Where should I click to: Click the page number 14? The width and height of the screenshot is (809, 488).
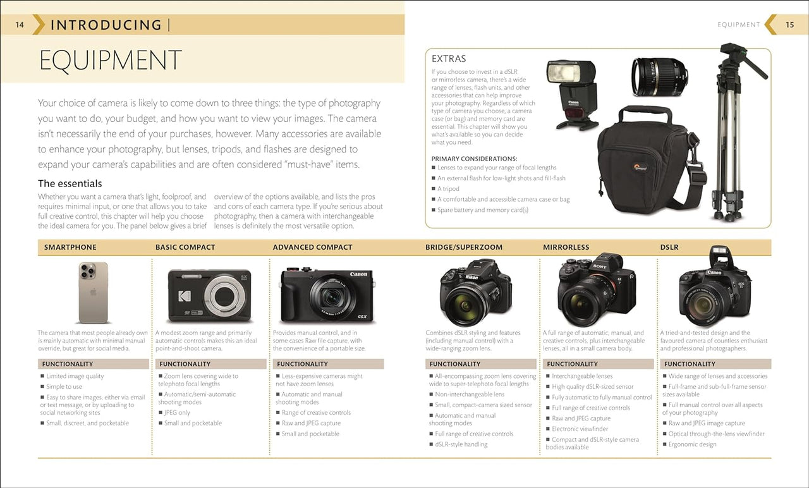coord(20,25)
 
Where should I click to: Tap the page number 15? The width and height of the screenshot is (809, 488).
coord(789,25)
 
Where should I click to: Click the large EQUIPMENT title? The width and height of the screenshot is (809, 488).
coord(110,61)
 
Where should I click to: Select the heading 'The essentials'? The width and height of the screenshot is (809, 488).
coord(70,184)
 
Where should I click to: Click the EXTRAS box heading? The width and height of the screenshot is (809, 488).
coord(449,59)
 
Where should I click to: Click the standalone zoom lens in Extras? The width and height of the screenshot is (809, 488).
coord(659,76)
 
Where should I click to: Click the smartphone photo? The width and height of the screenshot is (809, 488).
coord(93,292)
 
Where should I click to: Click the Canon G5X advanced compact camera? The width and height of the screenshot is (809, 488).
coord(327,295)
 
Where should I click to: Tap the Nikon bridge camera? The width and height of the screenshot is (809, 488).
coord(476,291)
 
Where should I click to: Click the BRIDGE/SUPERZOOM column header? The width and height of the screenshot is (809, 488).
coord(464,247)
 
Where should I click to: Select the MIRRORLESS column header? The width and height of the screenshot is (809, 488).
coord(566,247)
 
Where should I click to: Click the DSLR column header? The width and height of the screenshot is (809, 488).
coord(669,247)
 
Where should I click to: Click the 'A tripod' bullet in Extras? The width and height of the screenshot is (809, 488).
coord(448,189)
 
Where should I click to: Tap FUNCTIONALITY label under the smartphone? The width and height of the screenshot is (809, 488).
coord(68,364)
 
